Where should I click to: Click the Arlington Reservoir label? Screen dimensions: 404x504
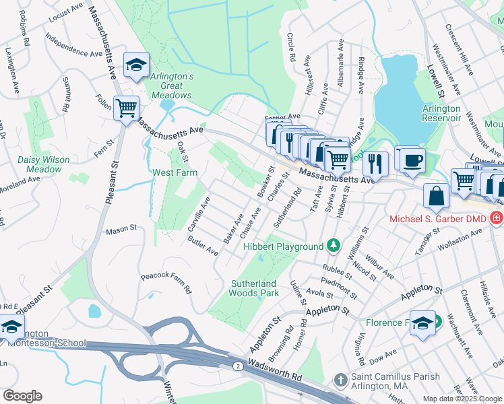441,113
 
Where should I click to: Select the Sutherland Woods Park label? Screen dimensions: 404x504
255,288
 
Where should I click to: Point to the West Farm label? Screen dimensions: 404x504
174,172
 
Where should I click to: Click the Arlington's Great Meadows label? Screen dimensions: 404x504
172,86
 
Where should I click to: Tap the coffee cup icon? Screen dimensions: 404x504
410,161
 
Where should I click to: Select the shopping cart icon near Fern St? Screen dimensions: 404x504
126,108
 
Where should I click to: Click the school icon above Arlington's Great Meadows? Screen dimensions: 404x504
136,65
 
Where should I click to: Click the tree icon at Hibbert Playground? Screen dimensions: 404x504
332,246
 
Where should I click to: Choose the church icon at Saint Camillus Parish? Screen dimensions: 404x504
341,381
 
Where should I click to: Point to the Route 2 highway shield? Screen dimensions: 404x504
239,365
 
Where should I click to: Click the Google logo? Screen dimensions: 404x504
22,396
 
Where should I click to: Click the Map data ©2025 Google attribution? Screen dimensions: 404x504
462,399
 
